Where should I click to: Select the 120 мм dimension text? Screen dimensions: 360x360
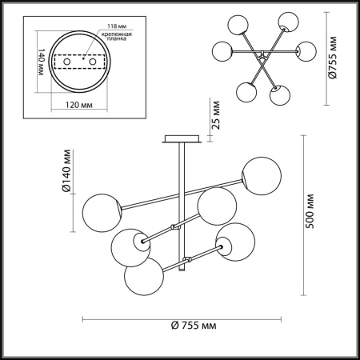pos(74,106)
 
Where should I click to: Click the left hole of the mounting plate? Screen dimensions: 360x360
pos(67,60)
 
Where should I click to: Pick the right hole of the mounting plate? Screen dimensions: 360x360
pos(93,60)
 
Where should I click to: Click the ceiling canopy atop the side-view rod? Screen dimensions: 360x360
pos(178,138)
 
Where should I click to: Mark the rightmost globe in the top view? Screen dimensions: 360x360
pos(303,52)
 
